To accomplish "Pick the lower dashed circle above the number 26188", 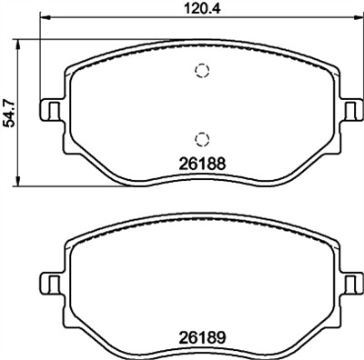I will [x=201, y=138].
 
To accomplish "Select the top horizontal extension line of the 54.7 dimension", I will [x=55, y=40].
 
